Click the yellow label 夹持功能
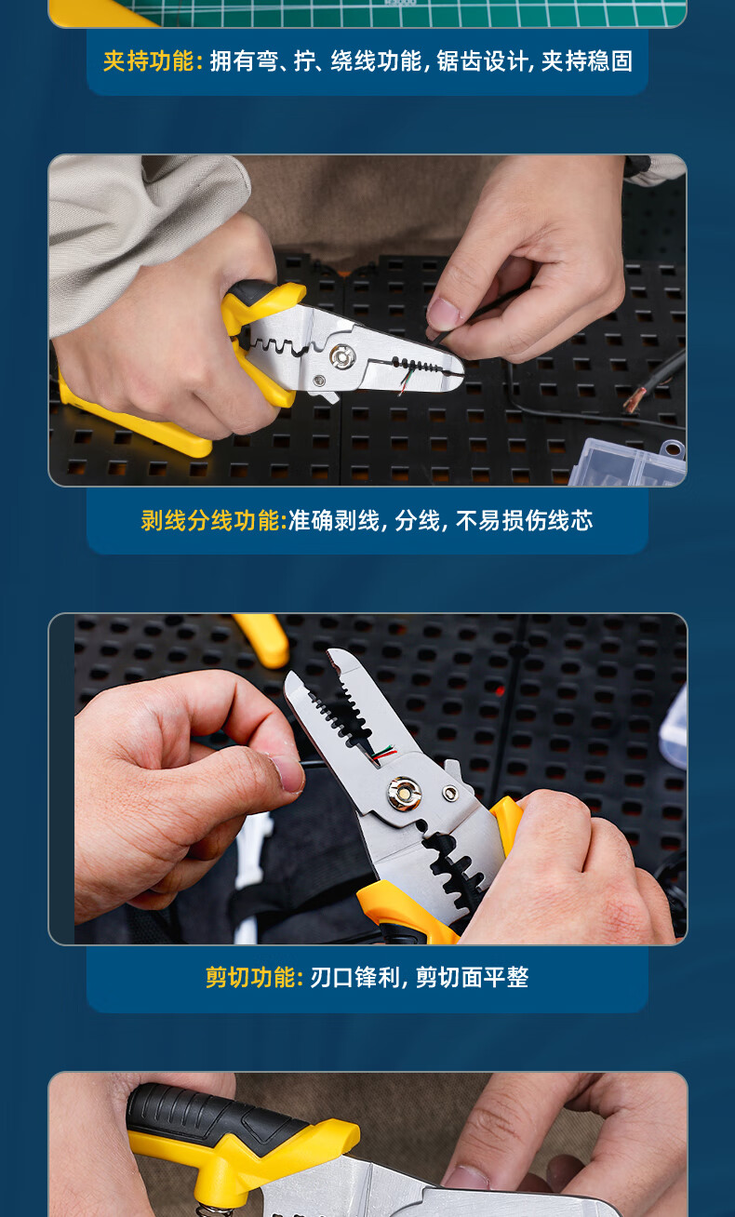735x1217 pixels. (x=149, y=60)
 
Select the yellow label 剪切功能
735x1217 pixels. (x=250, y=977)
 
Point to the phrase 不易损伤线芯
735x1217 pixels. (x=524, y=520)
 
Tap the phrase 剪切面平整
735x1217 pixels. (x=472, y=977)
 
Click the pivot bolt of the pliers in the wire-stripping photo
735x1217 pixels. (x=342, y=357)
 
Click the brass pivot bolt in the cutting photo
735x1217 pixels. (x=404, y=794)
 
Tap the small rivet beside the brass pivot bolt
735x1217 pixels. (x=449, y=794)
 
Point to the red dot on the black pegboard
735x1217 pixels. (x=500, y=690)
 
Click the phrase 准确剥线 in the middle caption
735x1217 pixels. (x=334, y=520)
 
